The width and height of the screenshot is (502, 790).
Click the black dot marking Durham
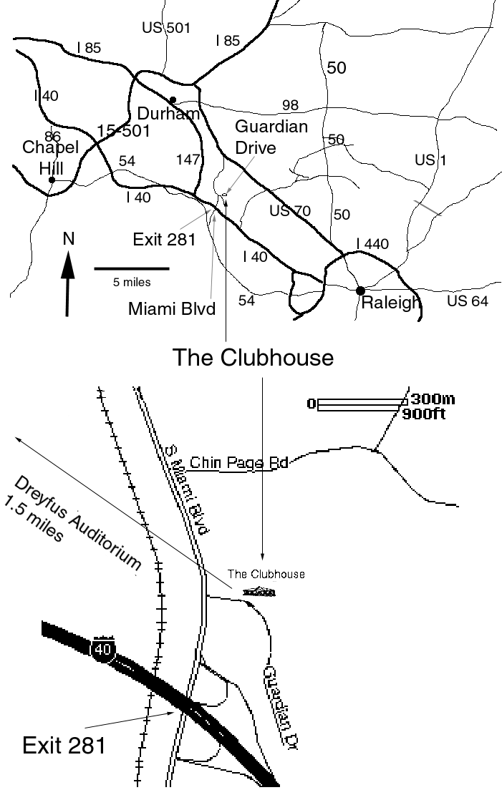coord(173,100)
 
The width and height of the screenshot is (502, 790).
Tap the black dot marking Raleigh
coord(360,290)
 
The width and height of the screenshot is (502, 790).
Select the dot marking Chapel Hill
coord(52,180)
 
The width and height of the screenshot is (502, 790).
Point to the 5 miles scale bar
coord(132,268)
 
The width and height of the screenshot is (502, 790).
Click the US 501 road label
coord(166,28)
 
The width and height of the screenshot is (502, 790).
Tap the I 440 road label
coord(372,245)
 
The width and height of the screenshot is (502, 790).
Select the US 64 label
coord(467,301)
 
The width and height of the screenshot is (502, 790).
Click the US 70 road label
coord(289,210)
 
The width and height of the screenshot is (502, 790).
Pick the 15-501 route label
coord(122,130)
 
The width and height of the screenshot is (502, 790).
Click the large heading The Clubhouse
coord(253,356)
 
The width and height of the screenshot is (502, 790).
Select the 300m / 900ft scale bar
coord(362,405)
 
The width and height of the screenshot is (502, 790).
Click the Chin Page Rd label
coord(238,463)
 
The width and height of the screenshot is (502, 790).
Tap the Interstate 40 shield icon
coord(103,649)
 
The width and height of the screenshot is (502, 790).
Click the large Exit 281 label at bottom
coord(64,745)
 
